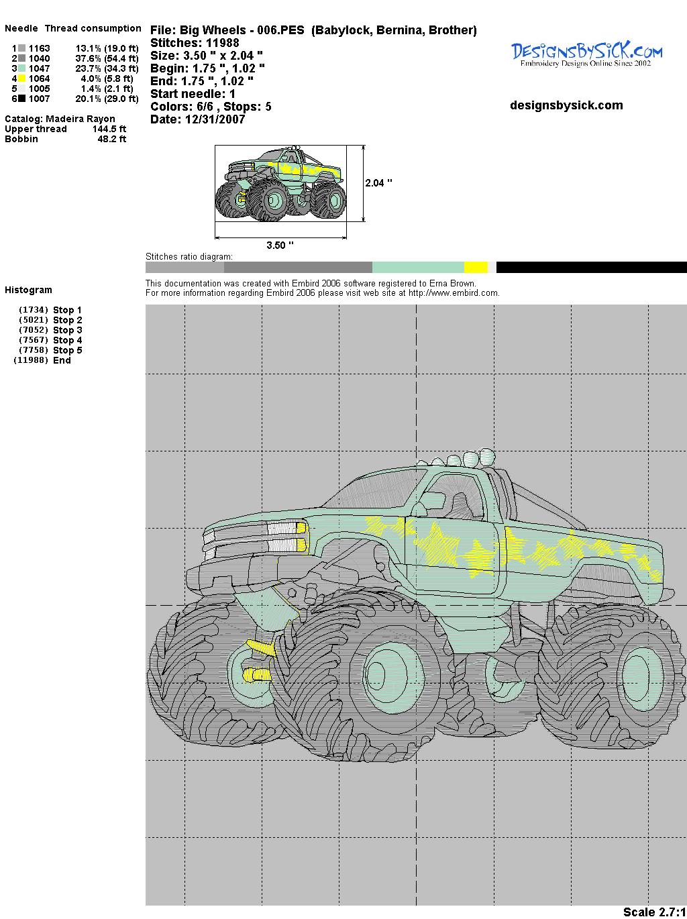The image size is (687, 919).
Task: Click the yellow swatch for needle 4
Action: pyautogui.click(x=21, y=78)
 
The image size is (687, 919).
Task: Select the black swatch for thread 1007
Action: pyautogui.click(x=21, y=99)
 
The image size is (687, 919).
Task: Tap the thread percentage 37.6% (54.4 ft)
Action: pyautogui.click(x=107, y=58)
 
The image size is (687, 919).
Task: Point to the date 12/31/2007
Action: pyautogui.click(x=215, y=119)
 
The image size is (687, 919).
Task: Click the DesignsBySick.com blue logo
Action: pyautogui.click(x=586, y=53)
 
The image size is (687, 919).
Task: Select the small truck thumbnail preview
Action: pyautogui.click(x=280, y=183)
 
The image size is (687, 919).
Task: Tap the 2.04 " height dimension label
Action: pyautogui.click(x=378, y=183)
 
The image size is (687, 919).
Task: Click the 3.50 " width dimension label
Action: pyautogui.click(x=280, y=245)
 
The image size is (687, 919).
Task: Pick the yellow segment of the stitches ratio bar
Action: pyautogui.click(x=476, y=267)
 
